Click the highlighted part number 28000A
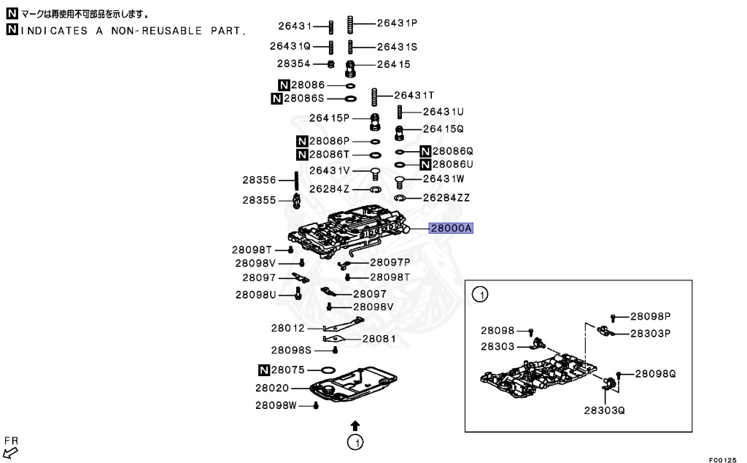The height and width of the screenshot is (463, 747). (452, 229)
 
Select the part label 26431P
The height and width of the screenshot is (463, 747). (397, 23)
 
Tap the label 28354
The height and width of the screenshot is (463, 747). (295, 64)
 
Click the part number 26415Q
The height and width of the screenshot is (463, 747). (444, 129)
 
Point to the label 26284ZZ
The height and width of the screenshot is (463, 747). (446, 198)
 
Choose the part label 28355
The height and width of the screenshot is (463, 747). (259, 199)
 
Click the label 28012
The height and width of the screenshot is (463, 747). (290, 328)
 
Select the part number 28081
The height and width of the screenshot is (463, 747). (379, 339)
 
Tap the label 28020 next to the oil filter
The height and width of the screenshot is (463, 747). (272, 388)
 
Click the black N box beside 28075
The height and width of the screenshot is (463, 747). (265, 370)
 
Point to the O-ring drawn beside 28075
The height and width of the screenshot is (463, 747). (327, 370)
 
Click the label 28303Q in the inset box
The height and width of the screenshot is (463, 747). (604, 410)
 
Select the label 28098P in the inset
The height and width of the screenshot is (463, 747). (650, 316)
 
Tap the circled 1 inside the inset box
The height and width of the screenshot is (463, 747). (480, 295)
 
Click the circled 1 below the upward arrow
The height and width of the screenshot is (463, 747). (355, 442)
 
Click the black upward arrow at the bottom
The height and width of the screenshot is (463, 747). (355, 424)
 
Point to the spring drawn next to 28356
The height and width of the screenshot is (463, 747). (297, 180)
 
